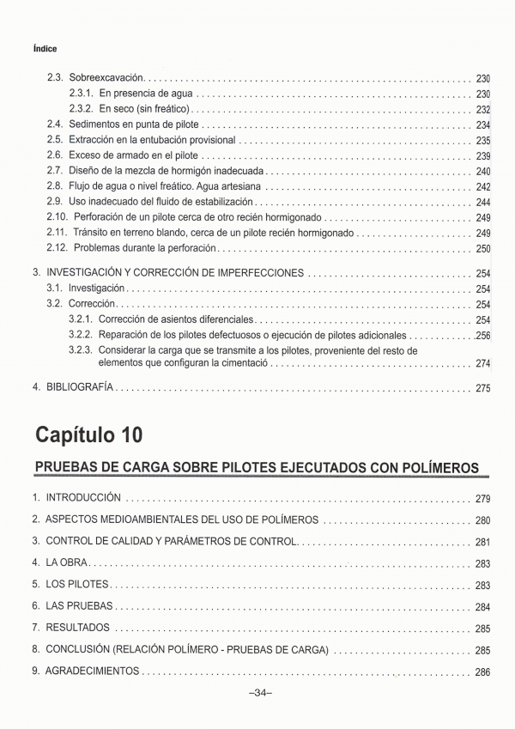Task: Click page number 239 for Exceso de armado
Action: pyautogui.click(x=482, y=155)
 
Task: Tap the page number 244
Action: pyautogui.click(x=482, y=202)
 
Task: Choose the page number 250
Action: pyautogui.click(x=482, y=248)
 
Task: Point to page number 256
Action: pyautogui.click(x=482, y=335)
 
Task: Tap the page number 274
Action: pyautogui.click(x=482, y=364)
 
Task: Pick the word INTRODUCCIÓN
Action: pyautogui.click(x=82, y=497)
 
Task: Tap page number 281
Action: pyautogui.click(x=482, y=542)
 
